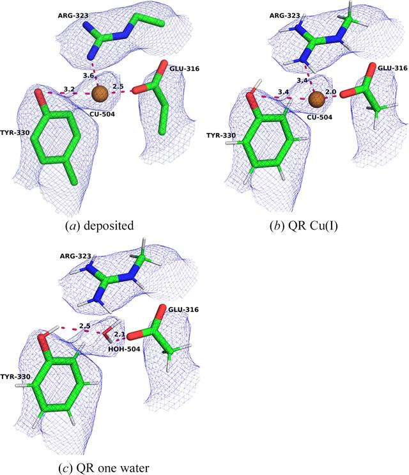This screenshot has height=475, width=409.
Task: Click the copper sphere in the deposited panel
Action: tap(100, 93)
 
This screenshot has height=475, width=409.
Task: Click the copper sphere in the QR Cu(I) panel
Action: tap(317, 99)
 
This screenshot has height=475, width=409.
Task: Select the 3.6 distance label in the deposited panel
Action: tap(88, 75)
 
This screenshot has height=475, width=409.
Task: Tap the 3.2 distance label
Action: tap(69, 89)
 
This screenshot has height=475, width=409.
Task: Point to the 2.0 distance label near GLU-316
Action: tap(330, 91)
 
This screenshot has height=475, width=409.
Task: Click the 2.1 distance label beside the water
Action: tap(120, 334)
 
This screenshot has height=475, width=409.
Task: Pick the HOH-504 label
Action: tap(124, 349)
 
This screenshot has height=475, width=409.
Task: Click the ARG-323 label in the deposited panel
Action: tap(73, 15)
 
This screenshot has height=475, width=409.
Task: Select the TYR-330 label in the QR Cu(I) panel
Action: tap(221, 136)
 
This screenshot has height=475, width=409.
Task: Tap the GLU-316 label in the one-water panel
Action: tap(183, 309)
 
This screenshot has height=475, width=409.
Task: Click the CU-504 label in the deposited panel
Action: tap(102, 114)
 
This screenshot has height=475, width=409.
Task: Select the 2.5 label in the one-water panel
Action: tap(85, 326)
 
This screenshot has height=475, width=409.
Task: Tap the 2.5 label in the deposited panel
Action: tap(118, 86)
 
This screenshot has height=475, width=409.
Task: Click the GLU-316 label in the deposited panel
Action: tap(184, 69)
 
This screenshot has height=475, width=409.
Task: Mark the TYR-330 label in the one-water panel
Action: tap(15, 377)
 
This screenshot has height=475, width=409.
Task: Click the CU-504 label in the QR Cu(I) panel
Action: tap(320, 117)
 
